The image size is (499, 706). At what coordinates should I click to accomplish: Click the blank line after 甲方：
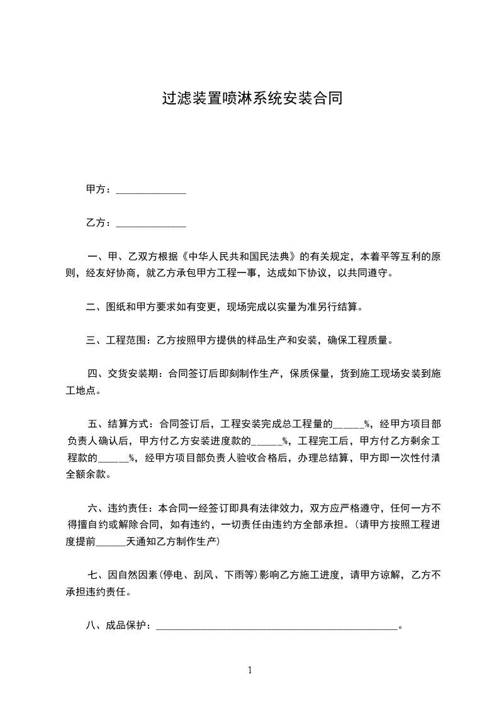point(151,190)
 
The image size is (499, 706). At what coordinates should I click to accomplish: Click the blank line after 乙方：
point(151,223)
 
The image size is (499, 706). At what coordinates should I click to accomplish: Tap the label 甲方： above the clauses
point(99,189)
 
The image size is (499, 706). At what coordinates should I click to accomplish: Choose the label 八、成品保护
point(116,625)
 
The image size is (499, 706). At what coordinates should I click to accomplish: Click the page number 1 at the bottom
point(250,670)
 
